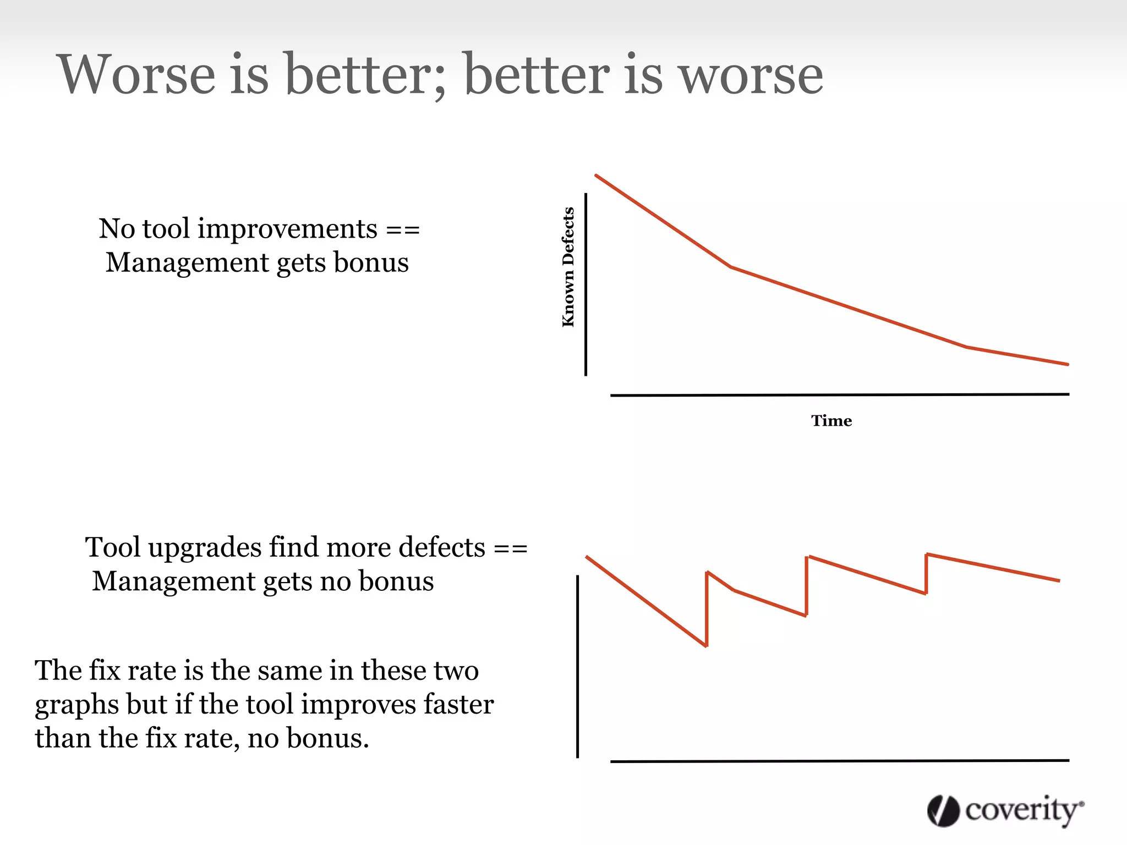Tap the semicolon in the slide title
tap(439, 83)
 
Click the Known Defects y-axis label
tap(568, 267)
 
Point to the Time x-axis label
tap(831, 421)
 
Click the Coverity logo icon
tap(943, 810)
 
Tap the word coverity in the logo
tap(1022, 810)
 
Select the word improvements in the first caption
tap(287, 229)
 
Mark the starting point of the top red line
tap(597, 176)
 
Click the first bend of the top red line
tap(730, 267)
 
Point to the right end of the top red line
tap(1067, 364)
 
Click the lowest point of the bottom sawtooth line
tap(706, 646)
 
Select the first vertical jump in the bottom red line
tap(707, 610)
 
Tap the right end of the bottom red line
tap(1059, 580)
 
